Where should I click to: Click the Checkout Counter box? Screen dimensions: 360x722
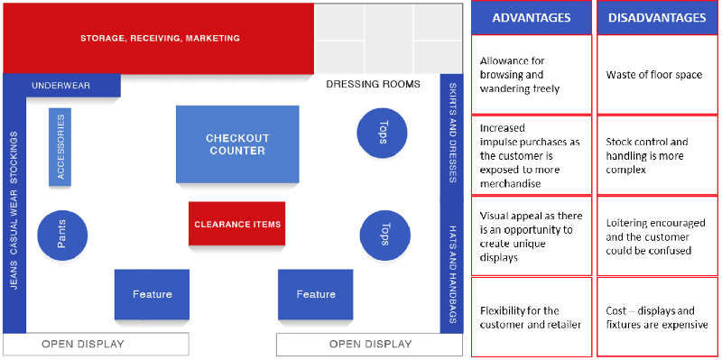coord(237,144)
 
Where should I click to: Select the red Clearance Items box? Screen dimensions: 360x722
coord(237,224)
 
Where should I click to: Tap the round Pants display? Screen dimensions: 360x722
coord(62,236)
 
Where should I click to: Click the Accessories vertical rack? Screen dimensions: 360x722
coord(60,147)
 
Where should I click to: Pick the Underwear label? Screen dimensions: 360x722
coord(60,86)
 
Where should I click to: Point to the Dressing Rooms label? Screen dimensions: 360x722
coord(373,85)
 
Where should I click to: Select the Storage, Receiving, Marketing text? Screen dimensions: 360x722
coord(160,39)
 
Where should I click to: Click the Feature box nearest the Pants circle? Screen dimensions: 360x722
coord(152,294)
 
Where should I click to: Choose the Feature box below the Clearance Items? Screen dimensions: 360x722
coord(315,294)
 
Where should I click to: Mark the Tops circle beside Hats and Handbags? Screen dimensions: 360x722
coord(383,236)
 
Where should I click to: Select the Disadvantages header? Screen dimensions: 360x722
coord(657,18)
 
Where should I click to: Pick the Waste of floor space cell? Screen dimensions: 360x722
coord(657,75)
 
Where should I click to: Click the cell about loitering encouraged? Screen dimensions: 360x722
coord(657,235)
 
